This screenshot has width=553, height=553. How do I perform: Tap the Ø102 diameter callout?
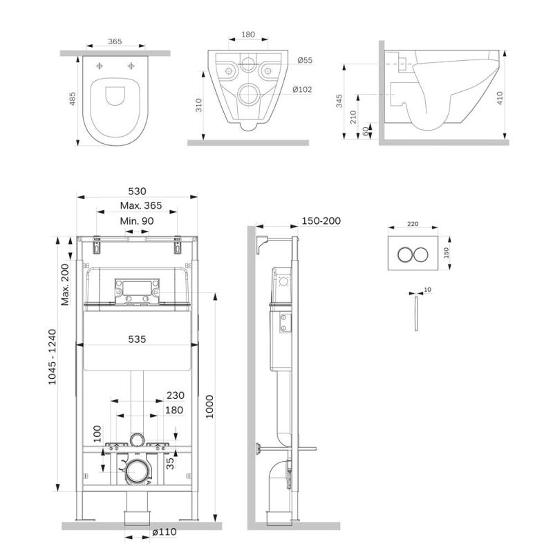tap(301, 89)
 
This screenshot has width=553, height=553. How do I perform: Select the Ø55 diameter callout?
tap(304, 61)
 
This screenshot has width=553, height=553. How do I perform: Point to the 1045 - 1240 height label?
tap(52, 366)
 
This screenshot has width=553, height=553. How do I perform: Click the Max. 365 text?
tap(140, 205)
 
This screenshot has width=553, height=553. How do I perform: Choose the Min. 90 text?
tap(137, 221)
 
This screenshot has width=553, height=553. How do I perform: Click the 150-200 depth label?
tap(321, 221)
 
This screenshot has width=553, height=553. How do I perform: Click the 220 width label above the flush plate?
tap(413, 224)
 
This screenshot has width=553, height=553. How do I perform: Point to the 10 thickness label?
tap(428, 289)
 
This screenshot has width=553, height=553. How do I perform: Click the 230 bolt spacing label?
tap(175, 396)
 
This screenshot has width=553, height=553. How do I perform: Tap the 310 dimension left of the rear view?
tap(198, 105)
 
